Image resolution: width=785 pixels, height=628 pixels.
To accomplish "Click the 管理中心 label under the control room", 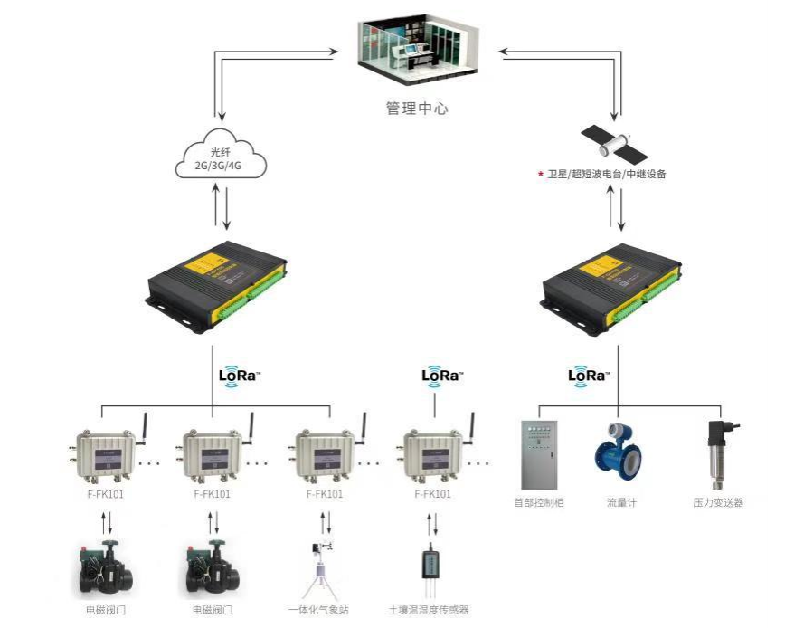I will click(x=416, y=109).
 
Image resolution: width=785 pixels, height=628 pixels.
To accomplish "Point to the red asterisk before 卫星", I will click(x=540, y=174).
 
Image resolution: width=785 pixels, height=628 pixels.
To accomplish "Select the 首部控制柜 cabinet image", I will click(x=540, y=453).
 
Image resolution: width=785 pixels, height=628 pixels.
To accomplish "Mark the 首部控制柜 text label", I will click(x=539, y=502).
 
